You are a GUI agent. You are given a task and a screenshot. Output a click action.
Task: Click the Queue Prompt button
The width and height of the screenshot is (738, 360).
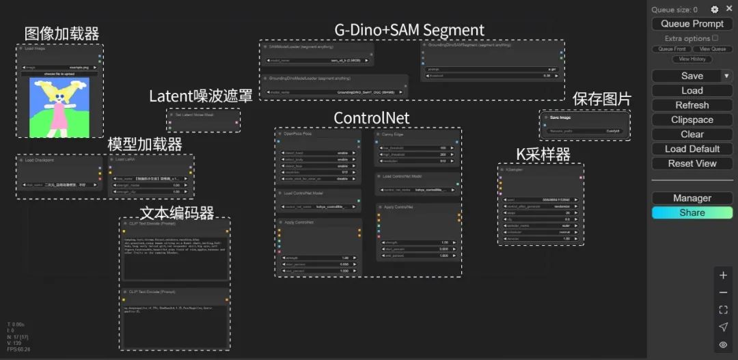692,24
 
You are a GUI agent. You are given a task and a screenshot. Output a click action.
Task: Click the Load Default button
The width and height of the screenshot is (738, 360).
692,149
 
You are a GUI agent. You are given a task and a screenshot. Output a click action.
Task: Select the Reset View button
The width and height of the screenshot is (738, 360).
692,164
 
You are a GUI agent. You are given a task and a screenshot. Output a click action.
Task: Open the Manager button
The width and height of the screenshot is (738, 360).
692,198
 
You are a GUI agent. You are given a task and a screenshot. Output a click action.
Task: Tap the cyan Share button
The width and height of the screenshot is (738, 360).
692,213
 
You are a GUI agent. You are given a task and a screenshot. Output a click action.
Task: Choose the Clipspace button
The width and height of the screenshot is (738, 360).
692,120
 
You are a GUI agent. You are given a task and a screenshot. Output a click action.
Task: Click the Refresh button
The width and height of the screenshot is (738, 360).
692,105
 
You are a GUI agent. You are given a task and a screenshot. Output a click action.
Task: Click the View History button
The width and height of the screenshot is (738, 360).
692,59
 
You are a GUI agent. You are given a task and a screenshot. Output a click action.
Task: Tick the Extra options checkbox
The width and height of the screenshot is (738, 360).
715,38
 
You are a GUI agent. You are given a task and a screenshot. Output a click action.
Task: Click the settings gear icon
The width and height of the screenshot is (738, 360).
715,10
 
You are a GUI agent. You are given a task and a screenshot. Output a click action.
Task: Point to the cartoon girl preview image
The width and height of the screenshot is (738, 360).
59,107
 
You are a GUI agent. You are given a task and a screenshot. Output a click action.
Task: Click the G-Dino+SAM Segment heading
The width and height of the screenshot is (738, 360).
409,30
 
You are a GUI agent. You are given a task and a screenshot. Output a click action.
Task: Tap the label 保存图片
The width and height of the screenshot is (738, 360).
601,99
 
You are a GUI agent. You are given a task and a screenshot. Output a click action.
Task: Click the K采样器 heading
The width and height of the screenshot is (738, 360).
543,154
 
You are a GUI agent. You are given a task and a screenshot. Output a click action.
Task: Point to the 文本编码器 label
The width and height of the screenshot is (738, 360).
177,212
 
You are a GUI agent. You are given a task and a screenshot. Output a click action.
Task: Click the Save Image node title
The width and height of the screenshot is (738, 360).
560,117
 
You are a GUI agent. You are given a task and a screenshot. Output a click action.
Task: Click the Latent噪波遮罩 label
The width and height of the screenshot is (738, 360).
200,96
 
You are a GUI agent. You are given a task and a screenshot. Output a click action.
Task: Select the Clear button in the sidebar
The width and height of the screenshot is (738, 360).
692,135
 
